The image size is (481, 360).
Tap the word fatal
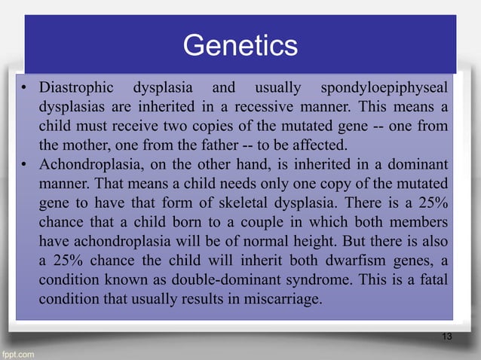(437, 281)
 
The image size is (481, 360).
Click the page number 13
(446, 335)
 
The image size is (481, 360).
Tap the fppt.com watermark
(18, 352)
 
